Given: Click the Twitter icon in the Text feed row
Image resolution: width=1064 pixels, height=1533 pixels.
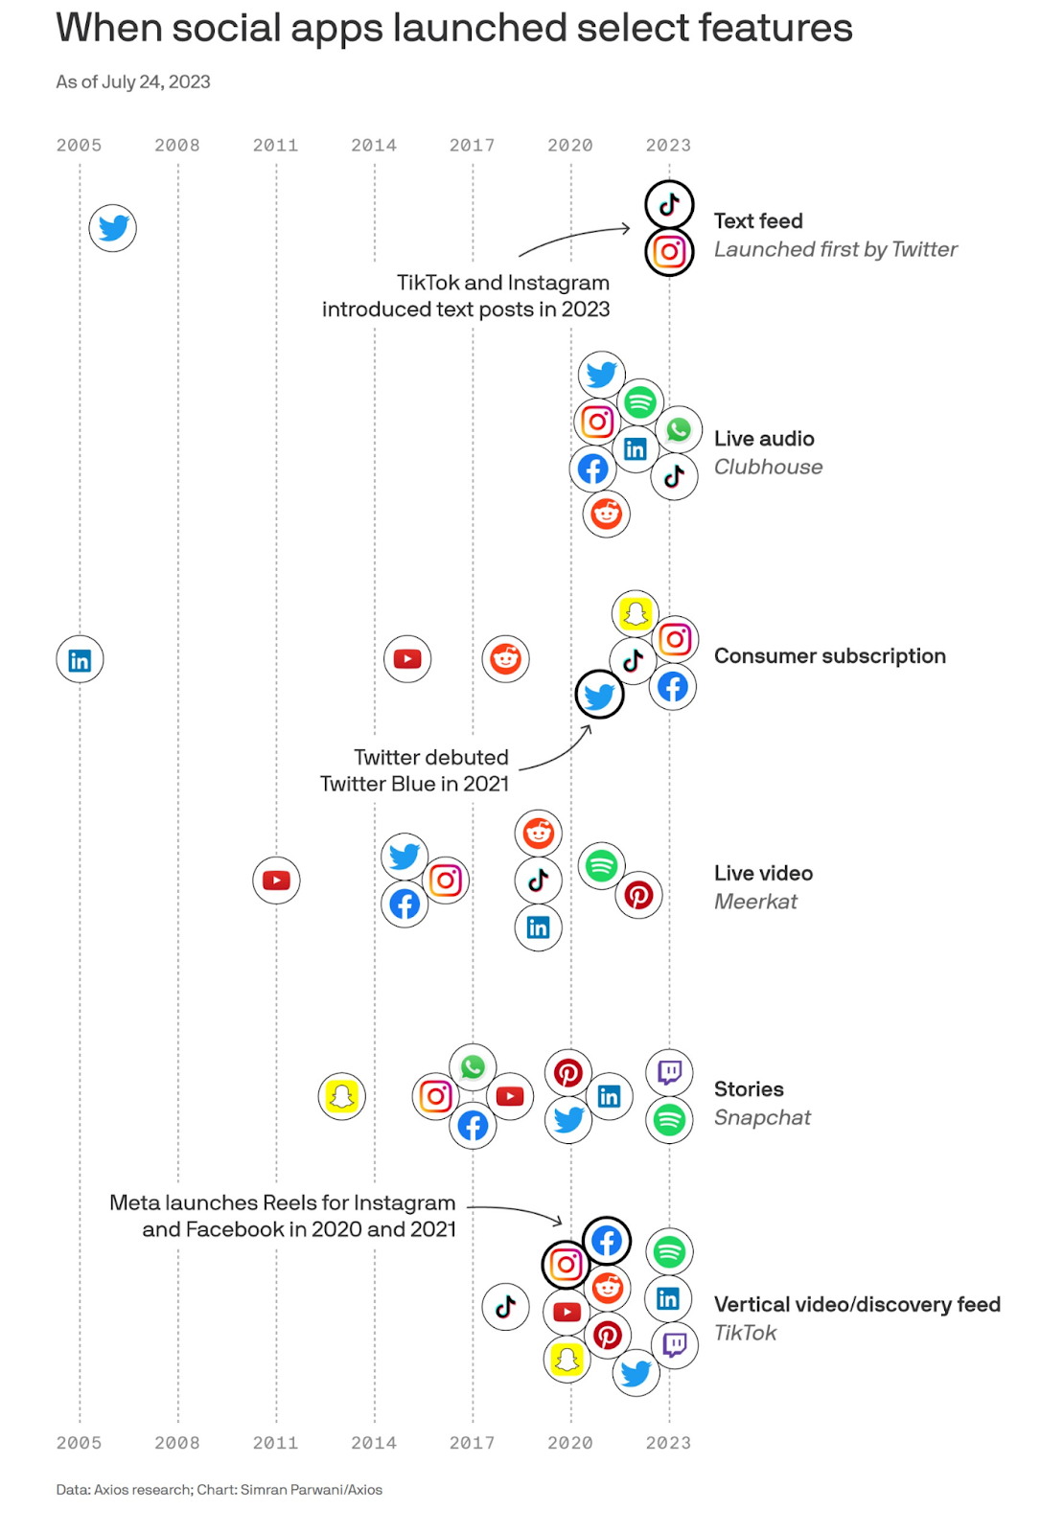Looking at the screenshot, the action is [112, 227].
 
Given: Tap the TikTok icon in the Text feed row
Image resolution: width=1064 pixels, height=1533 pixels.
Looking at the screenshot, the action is [669, 204].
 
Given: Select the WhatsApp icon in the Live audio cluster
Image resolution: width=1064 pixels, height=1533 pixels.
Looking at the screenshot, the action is [678, 430].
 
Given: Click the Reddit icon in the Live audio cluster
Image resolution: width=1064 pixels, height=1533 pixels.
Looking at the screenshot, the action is [606, 514].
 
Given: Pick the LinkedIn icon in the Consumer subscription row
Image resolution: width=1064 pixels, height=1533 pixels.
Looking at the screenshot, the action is [80, 659].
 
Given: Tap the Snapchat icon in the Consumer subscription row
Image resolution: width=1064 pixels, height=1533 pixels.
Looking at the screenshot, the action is [635, 613].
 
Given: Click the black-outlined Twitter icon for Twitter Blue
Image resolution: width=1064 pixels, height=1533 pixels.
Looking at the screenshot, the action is [598, 695].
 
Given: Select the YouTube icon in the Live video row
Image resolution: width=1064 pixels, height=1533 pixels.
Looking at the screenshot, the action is [276, 880].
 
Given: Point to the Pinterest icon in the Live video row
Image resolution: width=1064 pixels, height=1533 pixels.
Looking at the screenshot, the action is [638, 895].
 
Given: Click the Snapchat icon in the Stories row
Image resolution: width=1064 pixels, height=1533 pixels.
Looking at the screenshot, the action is [341, 1096].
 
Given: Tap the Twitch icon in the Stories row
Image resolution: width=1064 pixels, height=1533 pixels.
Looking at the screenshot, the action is [669, 1072].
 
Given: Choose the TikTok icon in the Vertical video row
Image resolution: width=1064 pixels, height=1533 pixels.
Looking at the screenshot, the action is [505, 1307].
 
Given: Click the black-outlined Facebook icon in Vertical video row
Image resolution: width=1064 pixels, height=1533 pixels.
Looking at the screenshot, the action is [606, 1241].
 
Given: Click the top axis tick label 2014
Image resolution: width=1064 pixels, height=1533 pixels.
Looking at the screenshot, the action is [373, 145].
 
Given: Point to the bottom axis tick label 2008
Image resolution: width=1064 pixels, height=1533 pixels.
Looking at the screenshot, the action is [176, 1443].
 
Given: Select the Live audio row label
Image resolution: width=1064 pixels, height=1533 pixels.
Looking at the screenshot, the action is [763, 438].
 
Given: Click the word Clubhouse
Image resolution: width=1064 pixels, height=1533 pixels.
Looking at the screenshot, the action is [768, 467].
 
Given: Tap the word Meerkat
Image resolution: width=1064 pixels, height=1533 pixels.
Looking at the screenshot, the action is [755, 902].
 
